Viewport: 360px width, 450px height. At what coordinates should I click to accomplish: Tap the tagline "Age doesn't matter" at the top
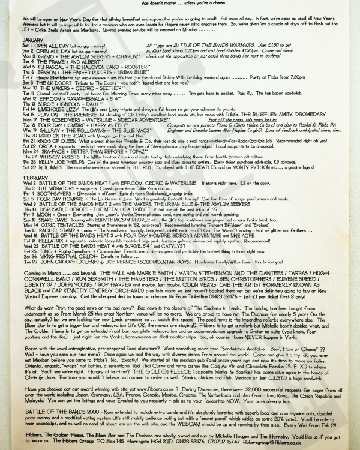click(x=162, y=3)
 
